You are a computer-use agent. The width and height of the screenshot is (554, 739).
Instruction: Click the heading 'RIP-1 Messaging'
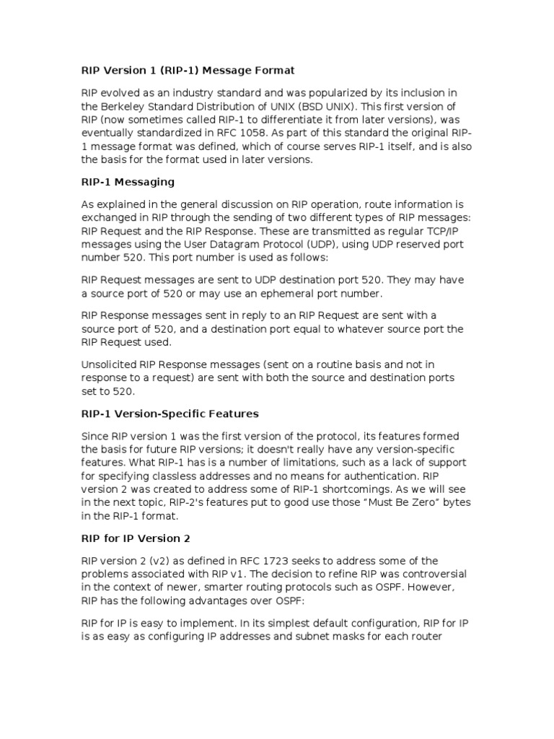(x=127, y=182)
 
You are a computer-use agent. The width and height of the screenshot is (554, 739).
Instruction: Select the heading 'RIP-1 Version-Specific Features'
(x=169, y=414)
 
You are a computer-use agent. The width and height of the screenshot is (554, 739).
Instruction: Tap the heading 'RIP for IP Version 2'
(x=133, y=538)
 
